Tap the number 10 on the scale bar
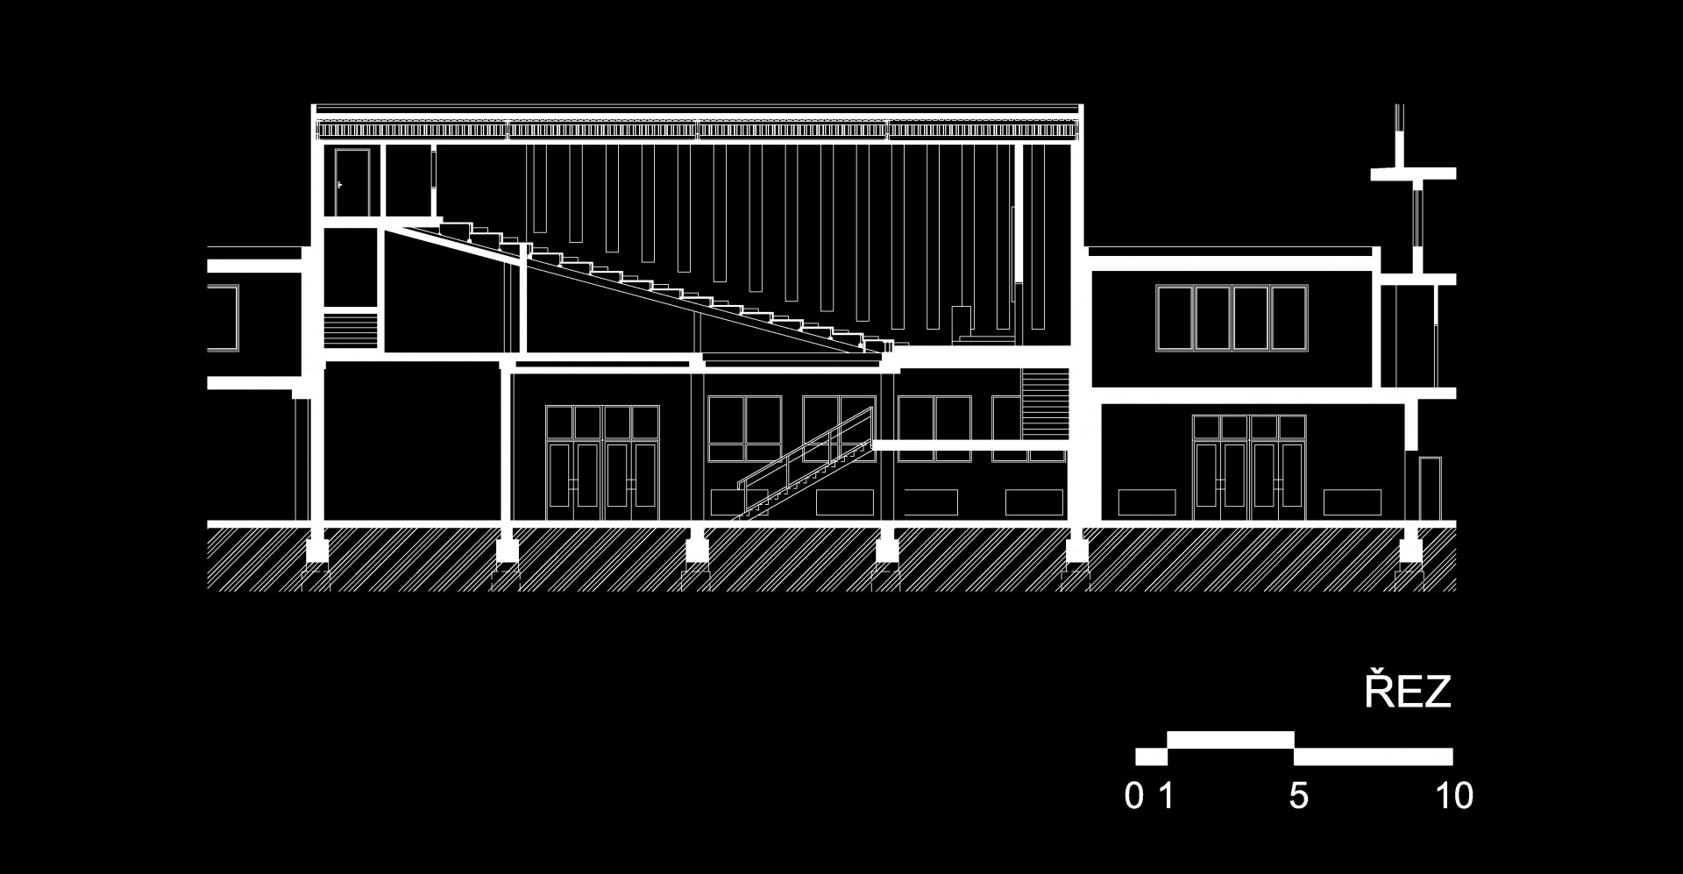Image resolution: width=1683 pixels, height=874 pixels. [1454, 797]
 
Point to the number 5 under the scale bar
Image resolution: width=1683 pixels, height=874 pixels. [1298, 797]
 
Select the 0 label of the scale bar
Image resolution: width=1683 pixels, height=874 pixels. [1134, 797]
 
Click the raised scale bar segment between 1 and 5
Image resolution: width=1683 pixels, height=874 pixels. [1231, 740]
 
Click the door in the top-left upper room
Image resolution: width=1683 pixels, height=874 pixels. [352, 181]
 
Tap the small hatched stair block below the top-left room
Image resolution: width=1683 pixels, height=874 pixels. [350, 330]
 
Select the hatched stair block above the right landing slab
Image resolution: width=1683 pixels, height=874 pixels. [1045, 403]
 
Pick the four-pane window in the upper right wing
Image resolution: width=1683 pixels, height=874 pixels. [1232, 318]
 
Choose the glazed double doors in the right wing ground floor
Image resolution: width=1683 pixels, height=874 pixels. [1249, 468]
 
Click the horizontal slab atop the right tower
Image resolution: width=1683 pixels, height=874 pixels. [1414, 174]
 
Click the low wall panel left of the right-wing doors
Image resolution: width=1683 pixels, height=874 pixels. [1147, 502]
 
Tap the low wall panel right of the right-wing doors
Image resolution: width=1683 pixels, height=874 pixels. [1352, 502]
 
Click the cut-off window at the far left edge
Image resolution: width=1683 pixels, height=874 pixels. [223, 317]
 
